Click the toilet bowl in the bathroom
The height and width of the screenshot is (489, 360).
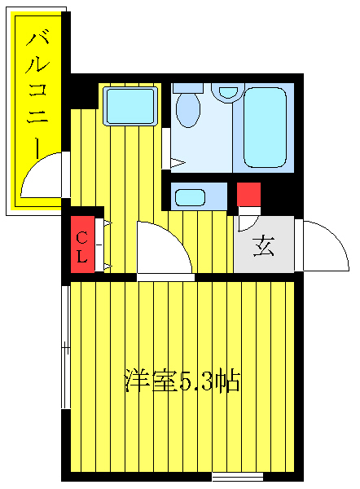click(188, 111)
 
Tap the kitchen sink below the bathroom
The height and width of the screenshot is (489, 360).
click(190, 196)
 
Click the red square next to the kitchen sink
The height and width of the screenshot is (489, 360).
click(248, 195)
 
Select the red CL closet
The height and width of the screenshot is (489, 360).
click(82, 245)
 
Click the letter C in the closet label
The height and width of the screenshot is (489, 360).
click(82, 237)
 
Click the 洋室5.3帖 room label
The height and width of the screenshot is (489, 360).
click(181, 380)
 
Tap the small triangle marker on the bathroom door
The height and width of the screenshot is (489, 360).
click(176, 161)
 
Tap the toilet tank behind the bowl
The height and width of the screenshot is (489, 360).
click(188, 86)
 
